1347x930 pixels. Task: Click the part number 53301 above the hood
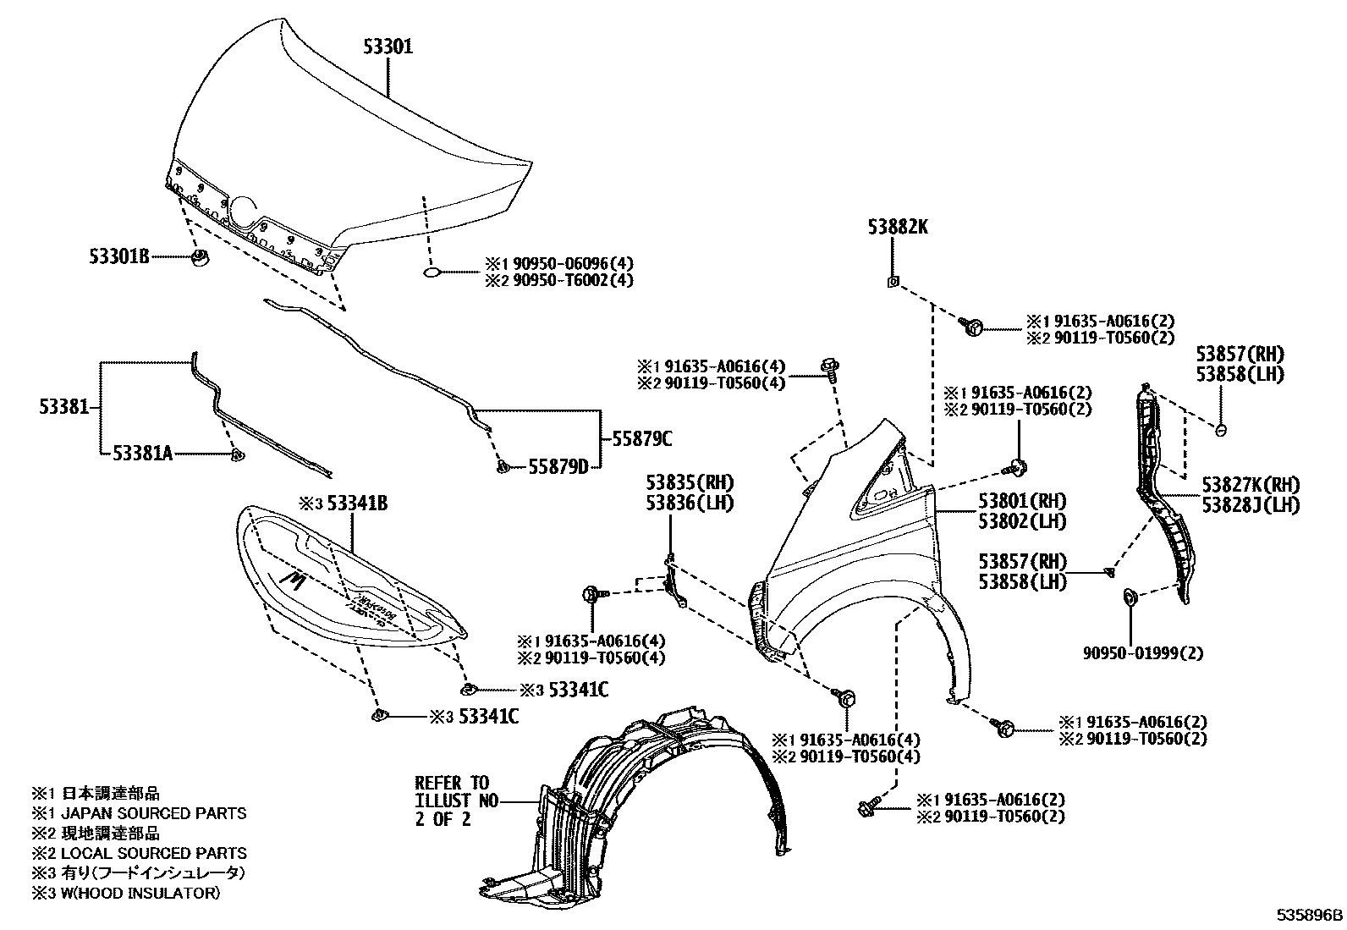point(388,47)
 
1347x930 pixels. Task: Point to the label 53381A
point(142,454)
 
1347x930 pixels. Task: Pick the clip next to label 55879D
point(502,465)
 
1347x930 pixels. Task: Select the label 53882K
point(897,227)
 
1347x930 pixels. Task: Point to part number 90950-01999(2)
point(1143,652)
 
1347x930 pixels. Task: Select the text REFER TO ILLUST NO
point(453,791)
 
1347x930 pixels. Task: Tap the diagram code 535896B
point(1310,915)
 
